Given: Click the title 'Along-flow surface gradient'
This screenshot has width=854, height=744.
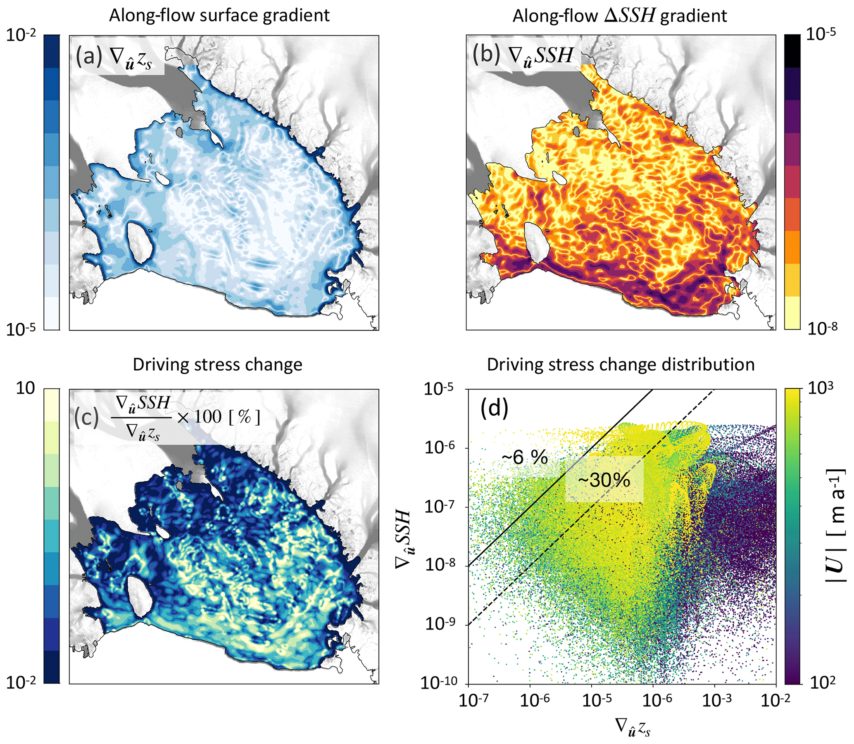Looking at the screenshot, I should (219, 16).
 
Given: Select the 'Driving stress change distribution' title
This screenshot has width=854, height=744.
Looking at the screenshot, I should (620, 364).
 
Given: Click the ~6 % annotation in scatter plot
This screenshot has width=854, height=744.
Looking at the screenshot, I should (525, 458).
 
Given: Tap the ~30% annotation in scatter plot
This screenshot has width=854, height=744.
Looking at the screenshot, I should (604, 480).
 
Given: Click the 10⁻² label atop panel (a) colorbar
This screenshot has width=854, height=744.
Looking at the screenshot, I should (26, 36).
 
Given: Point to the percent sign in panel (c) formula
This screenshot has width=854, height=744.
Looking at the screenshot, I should (244, 417).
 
